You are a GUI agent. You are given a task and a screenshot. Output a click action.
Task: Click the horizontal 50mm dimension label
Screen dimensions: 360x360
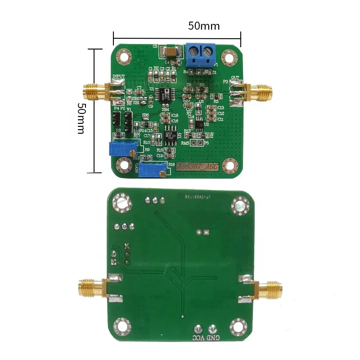coord(203,26)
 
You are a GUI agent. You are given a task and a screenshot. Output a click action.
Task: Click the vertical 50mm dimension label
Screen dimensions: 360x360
coord(81,118)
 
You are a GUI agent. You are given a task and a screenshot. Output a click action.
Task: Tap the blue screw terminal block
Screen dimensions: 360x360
coord(200,55)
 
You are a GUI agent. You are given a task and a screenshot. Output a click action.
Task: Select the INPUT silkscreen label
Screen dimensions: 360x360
coord(118,77)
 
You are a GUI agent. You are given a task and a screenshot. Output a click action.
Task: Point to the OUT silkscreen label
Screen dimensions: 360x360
coord(234,78)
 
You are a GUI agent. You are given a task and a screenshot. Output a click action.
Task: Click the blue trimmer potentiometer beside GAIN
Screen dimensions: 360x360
coord(152,170)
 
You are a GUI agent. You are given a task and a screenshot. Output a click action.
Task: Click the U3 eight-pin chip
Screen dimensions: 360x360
coord(169,138)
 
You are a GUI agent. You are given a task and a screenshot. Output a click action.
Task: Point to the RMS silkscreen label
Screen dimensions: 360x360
coord(184,143)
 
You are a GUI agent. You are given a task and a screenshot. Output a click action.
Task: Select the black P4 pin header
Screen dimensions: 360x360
coord(116,120)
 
